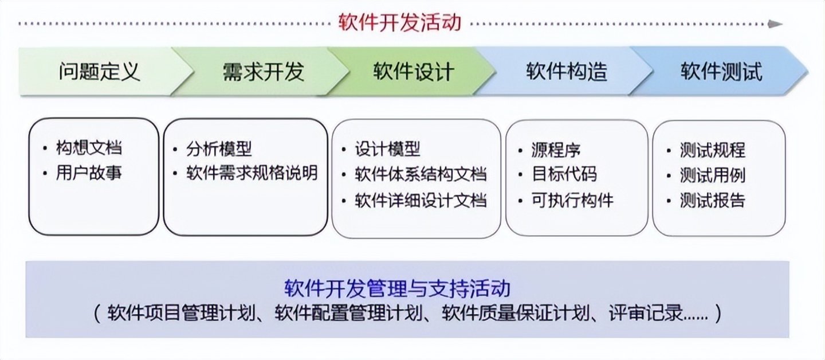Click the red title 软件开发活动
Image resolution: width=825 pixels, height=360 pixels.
coord(400,23)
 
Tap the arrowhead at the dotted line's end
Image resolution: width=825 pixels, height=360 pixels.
coord(776,24)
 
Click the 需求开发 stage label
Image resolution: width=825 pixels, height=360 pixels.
coord(264,72)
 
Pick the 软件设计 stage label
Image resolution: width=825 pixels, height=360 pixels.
coord(414,72)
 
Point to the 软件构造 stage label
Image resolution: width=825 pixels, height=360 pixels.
coord(567,72)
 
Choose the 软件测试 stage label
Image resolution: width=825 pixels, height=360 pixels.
coord(721,72)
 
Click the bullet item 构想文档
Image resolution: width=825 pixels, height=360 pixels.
coord(89,148)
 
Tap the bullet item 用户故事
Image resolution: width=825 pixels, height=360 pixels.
coord(89,173)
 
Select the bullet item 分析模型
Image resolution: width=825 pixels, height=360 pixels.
coord(219,149)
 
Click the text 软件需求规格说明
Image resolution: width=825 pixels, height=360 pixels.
coord(252,173)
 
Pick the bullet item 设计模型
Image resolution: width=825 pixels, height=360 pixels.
coord(387,149)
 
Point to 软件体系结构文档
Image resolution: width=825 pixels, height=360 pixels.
coord(421,174)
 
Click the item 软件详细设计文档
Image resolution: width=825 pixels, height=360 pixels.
coord(421,201)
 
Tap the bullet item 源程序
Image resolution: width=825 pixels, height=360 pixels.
coord(556,150)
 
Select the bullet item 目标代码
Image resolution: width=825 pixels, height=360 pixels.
coord(564,174)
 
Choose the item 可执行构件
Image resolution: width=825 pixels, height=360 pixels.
coord(572,201)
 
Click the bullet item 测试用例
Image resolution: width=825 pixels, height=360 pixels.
coord(713,175)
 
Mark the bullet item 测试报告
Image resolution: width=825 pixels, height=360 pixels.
coord(713,201)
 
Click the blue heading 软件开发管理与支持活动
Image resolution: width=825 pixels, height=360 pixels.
coord(398,288)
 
